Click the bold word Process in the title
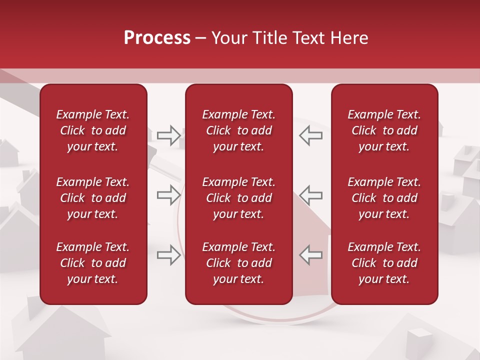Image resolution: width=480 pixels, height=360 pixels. click(x=157, y=38)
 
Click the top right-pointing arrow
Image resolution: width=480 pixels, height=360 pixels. click(x=168, y=135)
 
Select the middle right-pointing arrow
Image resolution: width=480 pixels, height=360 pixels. click(x=168, y=195)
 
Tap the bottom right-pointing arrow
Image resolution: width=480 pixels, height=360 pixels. click(x=168, y=255)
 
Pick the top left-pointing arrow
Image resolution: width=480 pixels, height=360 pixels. click(x=310, y=135)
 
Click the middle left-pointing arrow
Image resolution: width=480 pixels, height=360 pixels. click(x=310, y=195)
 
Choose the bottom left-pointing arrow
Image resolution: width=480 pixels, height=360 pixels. click(x=310, y=255)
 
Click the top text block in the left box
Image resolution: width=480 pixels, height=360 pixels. click(x=93, y=130)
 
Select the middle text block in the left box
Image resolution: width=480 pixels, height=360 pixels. click(x=93, y=198)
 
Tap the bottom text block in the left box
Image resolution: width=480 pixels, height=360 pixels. click(x=93, y=263)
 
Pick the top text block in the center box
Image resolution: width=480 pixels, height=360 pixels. click(x=239, y=130)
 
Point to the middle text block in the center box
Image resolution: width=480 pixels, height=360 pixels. click(x=239, y=198)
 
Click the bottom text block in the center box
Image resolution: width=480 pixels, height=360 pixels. click(x=239, y=263)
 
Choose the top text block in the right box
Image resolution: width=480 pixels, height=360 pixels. click(x=384, y=130)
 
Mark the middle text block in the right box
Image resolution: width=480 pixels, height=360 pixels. click(x=384, y=198)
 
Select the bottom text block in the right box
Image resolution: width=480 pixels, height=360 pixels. click(x=384, y=263)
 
